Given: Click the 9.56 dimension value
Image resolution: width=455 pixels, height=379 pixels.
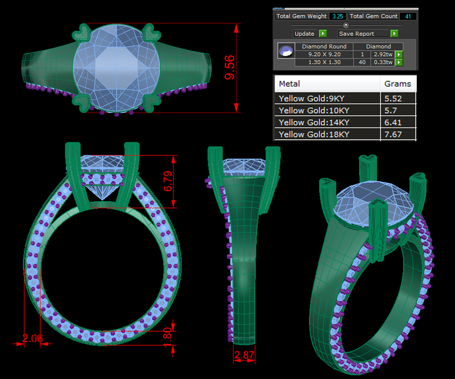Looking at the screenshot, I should [230, 68].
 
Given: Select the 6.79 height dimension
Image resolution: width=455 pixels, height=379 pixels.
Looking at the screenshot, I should [168, 181].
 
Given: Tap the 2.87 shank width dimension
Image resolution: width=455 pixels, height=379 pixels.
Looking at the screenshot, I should [245, 355].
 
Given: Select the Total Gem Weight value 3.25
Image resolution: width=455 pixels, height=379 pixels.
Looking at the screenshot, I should [337, 16].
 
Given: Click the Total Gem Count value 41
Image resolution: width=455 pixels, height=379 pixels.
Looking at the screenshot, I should [407, 16].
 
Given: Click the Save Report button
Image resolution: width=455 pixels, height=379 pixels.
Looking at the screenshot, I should [364, 34].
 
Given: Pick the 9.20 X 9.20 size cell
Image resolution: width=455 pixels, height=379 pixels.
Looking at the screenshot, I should [324, 54].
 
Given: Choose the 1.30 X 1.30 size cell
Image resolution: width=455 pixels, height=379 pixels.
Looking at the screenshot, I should [324, 62].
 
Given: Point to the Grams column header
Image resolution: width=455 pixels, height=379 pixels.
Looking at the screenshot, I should [397, 84].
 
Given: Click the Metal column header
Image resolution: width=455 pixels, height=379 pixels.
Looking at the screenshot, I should [289, 84].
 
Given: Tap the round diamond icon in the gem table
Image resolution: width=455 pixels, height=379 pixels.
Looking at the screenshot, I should [286, 50].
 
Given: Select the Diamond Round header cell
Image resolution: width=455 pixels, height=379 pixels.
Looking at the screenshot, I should [324, 46].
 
